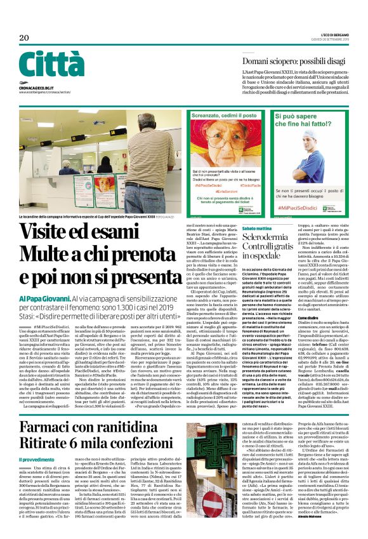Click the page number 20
[24, 38]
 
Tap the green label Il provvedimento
[36, 441]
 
